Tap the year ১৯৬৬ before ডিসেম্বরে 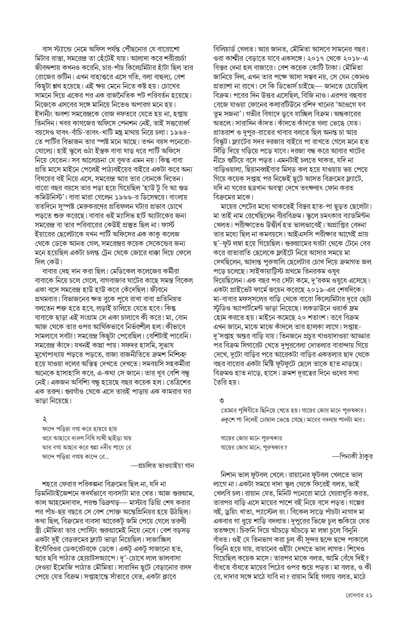(125, 197)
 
